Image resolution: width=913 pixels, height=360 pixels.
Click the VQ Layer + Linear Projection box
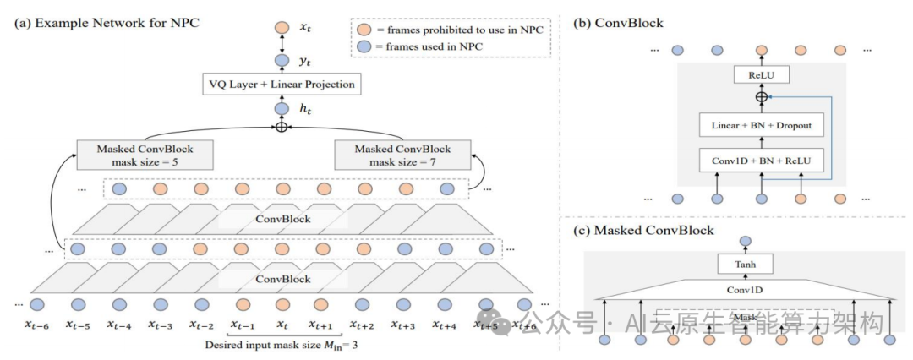pyautogui.click(x=281, y=85)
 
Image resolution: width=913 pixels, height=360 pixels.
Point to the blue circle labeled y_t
pyautogui.click(x=282, y=61)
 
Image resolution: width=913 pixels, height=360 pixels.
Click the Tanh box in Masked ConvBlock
pyautogui.click(x=745, y=265)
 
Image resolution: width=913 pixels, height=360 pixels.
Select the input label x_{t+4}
pyautogui.click(x=445, y=325)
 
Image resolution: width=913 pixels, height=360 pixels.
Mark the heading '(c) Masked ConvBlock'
pyautogui.click(x=642, y=230)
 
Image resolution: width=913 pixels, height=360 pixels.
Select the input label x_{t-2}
pyautogui.click(x=201, y=325)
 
